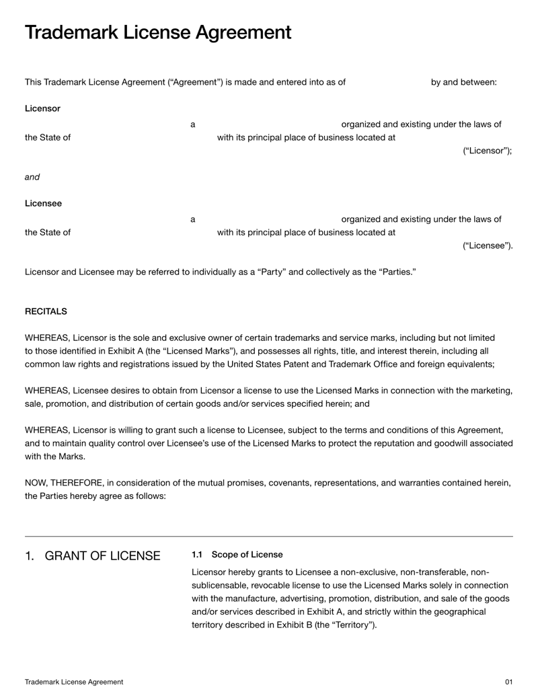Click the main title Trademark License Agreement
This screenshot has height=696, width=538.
(158, 32)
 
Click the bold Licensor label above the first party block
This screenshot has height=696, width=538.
(42, 108)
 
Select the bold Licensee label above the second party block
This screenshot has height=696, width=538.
(43, 203)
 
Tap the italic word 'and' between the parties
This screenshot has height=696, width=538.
(32, 178)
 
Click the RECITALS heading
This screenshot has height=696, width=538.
(46, 311)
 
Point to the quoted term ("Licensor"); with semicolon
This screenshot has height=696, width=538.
(487, 151)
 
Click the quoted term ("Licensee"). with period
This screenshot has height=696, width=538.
(487, 245)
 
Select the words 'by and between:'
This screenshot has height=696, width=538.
(463, 82)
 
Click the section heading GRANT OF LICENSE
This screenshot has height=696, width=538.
(102, 556)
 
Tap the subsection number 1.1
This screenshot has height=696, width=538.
(197, 555)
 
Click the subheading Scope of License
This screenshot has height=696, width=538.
(247, 555)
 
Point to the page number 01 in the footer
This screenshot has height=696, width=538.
(508, 682)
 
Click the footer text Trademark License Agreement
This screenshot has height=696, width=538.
(74, 682)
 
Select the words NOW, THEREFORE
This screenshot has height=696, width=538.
(64, 484)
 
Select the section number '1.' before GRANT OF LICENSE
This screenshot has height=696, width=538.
(29, 556)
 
